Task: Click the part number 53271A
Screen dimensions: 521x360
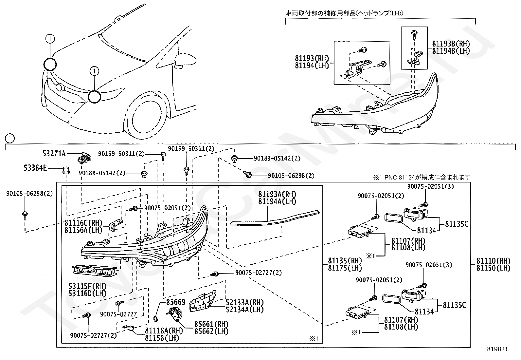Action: [x=54, y=154]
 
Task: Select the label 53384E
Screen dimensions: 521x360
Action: [x=35, y=168]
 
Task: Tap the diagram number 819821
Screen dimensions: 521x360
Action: [x=498, y=349]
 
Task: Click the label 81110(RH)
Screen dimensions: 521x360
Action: [x=493, y=261]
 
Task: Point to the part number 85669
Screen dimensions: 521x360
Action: [x=176, y=302]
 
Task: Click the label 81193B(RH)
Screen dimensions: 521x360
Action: [x=451, y=44]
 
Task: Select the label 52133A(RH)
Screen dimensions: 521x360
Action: [x=245, y=302]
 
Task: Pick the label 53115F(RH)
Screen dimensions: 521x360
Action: [x=87, y=286]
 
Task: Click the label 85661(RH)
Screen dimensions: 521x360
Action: [x=211, y=324]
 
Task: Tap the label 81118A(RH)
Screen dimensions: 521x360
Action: [x=164, y=331]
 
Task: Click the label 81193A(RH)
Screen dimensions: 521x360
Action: [x=277, y=194]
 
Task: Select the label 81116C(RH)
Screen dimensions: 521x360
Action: [x=83, y=223]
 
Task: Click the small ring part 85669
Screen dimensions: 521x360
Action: [x=155, y=319]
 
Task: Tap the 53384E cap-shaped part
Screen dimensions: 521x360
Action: [x=66, y=170]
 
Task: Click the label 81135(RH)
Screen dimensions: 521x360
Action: [x=345, y=261]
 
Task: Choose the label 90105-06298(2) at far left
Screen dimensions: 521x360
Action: [x=29, y=194]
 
